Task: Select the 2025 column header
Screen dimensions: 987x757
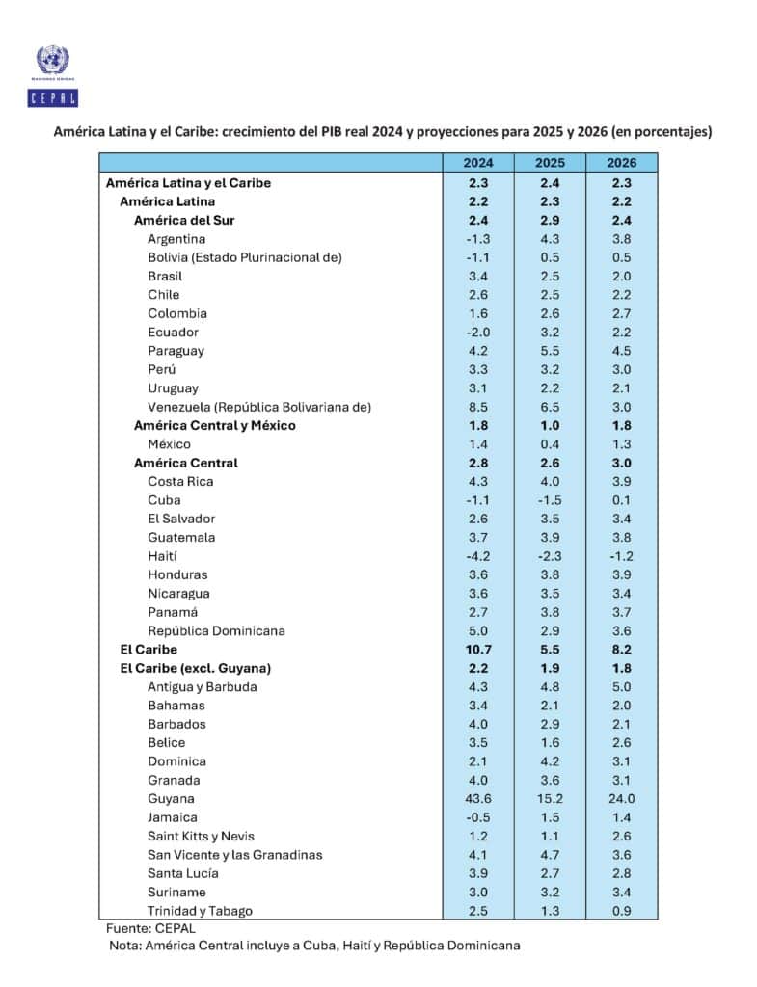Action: point(547,163)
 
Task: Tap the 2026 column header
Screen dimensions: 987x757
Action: point(622,163)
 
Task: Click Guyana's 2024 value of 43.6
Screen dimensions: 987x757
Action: point(477,798)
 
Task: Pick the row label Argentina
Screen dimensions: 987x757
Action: point(176,238)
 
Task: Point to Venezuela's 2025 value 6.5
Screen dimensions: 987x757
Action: point(547,407)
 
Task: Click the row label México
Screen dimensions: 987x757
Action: point(169,444)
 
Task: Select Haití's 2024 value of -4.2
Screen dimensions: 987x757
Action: point(477,556)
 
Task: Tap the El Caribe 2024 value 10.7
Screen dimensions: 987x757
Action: point(477,650)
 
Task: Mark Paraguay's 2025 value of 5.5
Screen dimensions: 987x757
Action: point(547,351)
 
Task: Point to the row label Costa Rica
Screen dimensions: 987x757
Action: point(180,481)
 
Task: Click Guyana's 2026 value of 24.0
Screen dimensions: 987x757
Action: point(622,798)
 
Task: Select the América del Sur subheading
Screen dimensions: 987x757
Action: point(184,220)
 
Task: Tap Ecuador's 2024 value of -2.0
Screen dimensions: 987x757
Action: point(477,332)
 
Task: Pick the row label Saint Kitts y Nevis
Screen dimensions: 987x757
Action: point(202,836)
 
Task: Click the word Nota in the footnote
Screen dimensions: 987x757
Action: point(126,947)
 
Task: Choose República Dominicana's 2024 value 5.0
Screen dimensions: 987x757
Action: point(477,630)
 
